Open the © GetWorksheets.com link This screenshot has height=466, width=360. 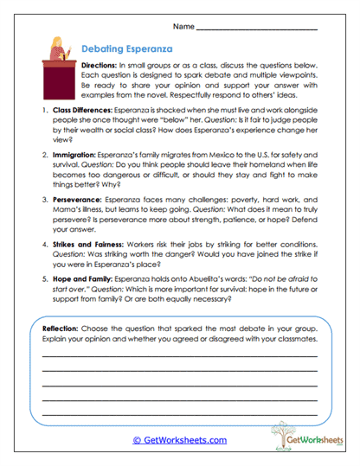tap(179, 439)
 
